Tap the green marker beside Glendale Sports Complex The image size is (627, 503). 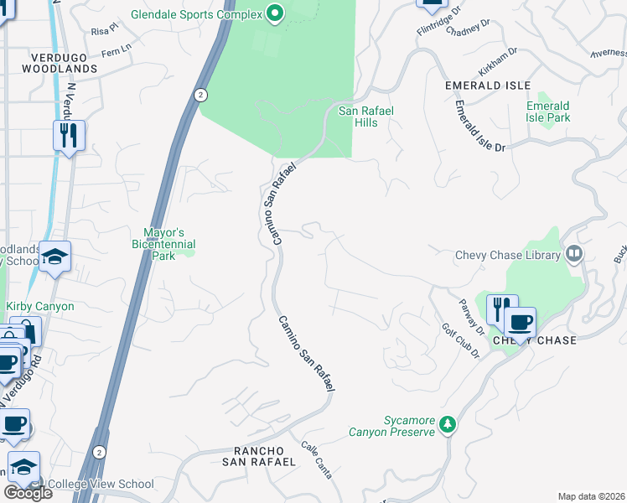[x=273, y=13]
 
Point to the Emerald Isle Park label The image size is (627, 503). [x=547, y=111]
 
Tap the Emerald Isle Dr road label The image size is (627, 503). [x=480, y=127]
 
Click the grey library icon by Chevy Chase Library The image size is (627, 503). [x=574, y=252]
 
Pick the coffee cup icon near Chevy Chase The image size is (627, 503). [x=520, y=323]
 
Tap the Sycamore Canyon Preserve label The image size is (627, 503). [x=392, y=426]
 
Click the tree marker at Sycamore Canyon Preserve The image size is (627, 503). [x=448, y=424]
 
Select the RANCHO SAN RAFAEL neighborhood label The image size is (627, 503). [x=258, y=455]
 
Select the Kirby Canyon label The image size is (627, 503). [x=40, y=307]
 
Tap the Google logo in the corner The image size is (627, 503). [x=28, y=493]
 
